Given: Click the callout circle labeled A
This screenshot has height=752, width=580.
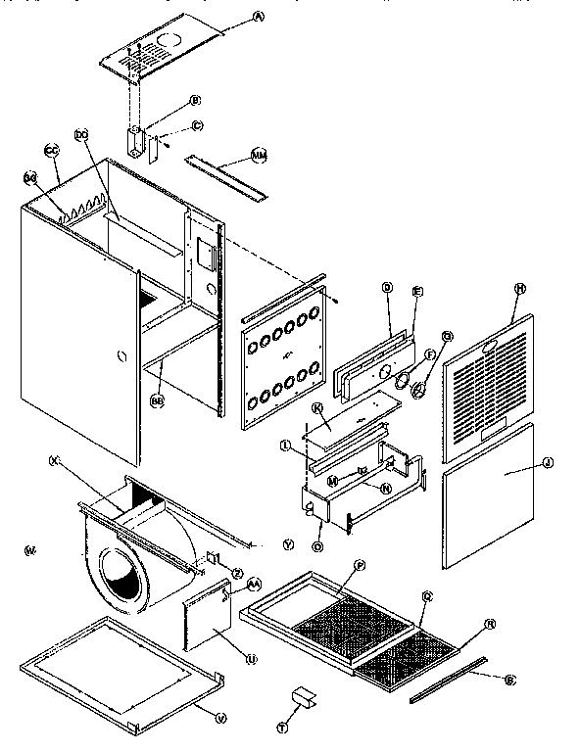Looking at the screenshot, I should point(231,17).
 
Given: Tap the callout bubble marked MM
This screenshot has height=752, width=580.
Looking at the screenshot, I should point(260,155).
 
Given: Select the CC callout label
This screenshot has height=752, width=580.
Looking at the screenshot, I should point(52,150).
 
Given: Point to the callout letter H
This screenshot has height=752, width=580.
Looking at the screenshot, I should point(520,289).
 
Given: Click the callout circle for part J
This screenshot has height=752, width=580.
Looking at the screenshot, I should point(547,462).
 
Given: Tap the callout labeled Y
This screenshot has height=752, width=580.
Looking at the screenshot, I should point(287,542).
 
